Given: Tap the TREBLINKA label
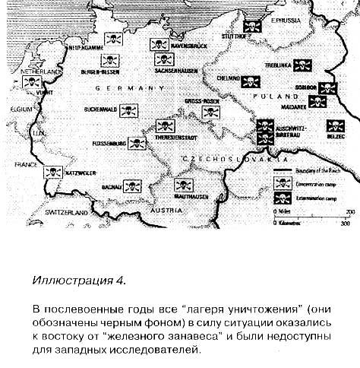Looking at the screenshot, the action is point(289,66).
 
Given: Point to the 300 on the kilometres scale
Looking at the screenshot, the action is point(345,224).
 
